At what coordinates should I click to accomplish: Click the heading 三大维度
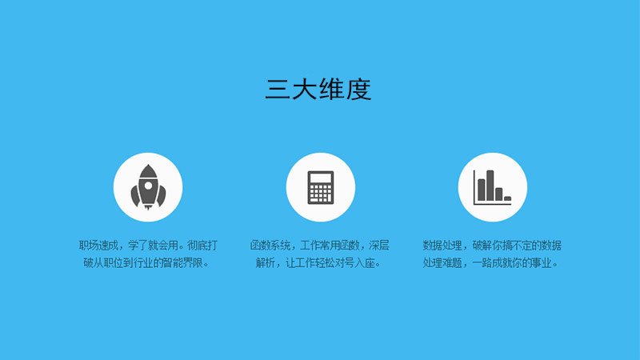click(318, 89)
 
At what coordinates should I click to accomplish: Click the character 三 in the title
click(278, 90)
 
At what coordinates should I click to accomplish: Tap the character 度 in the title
click(359, 89)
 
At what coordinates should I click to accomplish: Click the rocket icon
click(148, 187)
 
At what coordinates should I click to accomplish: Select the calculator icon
click(321, 187)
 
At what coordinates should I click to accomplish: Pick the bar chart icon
click(492, 187)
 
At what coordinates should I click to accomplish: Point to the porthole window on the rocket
click(148, 186)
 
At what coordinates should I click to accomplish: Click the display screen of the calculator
click(321, 178)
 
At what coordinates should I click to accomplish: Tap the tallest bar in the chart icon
click(490, 186)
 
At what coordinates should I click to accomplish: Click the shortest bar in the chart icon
click(507, 198)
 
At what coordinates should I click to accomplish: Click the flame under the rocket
click(148, 207)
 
